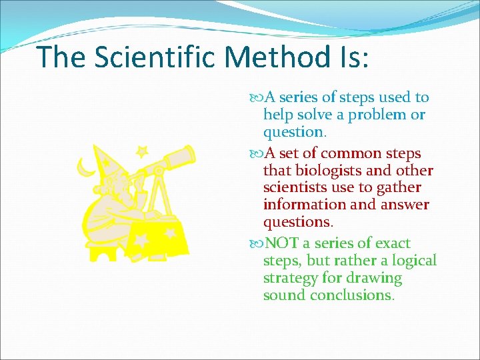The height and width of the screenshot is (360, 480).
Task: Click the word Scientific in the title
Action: point(155,57)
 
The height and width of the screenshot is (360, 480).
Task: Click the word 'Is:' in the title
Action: point(354,57)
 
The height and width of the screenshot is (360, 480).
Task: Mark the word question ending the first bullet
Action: point(291,131)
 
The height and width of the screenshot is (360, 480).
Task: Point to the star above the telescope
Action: point(141,152)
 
